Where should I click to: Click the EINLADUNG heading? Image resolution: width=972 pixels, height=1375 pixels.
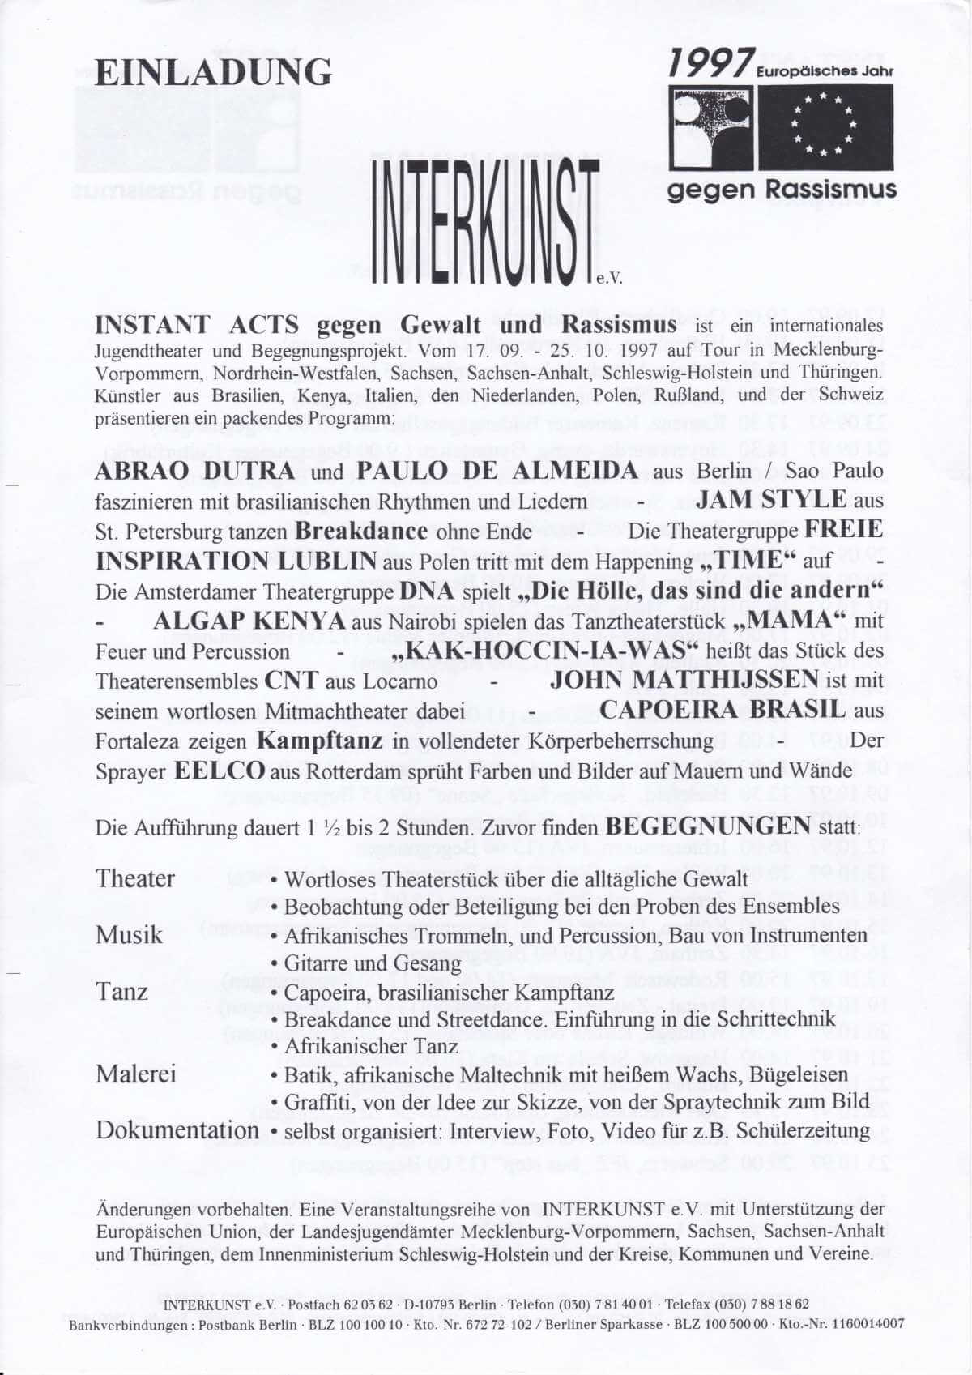[x=213, y=72]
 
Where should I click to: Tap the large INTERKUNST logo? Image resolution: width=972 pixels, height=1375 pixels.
[x=486, y=218]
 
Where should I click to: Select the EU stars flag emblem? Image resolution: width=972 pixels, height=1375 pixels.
[x=825, y=126]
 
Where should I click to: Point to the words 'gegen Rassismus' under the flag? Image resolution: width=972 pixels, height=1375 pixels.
[x=782, y=190]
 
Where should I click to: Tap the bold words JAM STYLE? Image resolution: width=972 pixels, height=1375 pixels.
[x=771, y=499]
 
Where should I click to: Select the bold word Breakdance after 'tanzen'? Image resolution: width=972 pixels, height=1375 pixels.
[x=361, y=531]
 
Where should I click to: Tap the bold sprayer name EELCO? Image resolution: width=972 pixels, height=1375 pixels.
[x=220, y=770]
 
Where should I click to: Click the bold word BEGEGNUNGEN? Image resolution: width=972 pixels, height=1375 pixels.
[x=708, y=826]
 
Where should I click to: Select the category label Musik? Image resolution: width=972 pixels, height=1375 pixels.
[x=130, y=934]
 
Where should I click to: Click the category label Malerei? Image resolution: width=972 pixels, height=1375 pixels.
[x=136, y=1074]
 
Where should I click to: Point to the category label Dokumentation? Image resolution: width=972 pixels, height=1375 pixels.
[x=177, y=1130]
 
